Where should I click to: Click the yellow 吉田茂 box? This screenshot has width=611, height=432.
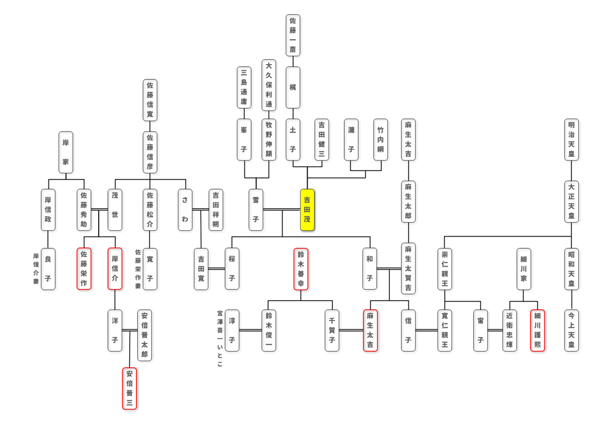tap(307, 211)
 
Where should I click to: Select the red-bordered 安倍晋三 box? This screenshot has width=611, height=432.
tap(130, 389)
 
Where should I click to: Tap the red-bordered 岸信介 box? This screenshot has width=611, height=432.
tap(115, 269)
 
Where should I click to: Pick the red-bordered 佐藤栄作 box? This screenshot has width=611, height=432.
tap(84, 269)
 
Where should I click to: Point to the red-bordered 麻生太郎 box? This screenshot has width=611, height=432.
tap(371, 331)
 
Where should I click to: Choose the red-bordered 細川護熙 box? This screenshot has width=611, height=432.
tap(538, 331)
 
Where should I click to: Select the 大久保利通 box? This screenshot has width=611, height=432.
tap(269, 85)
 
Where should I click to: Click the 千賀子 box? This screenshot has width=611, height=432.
tap(334, 331)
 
